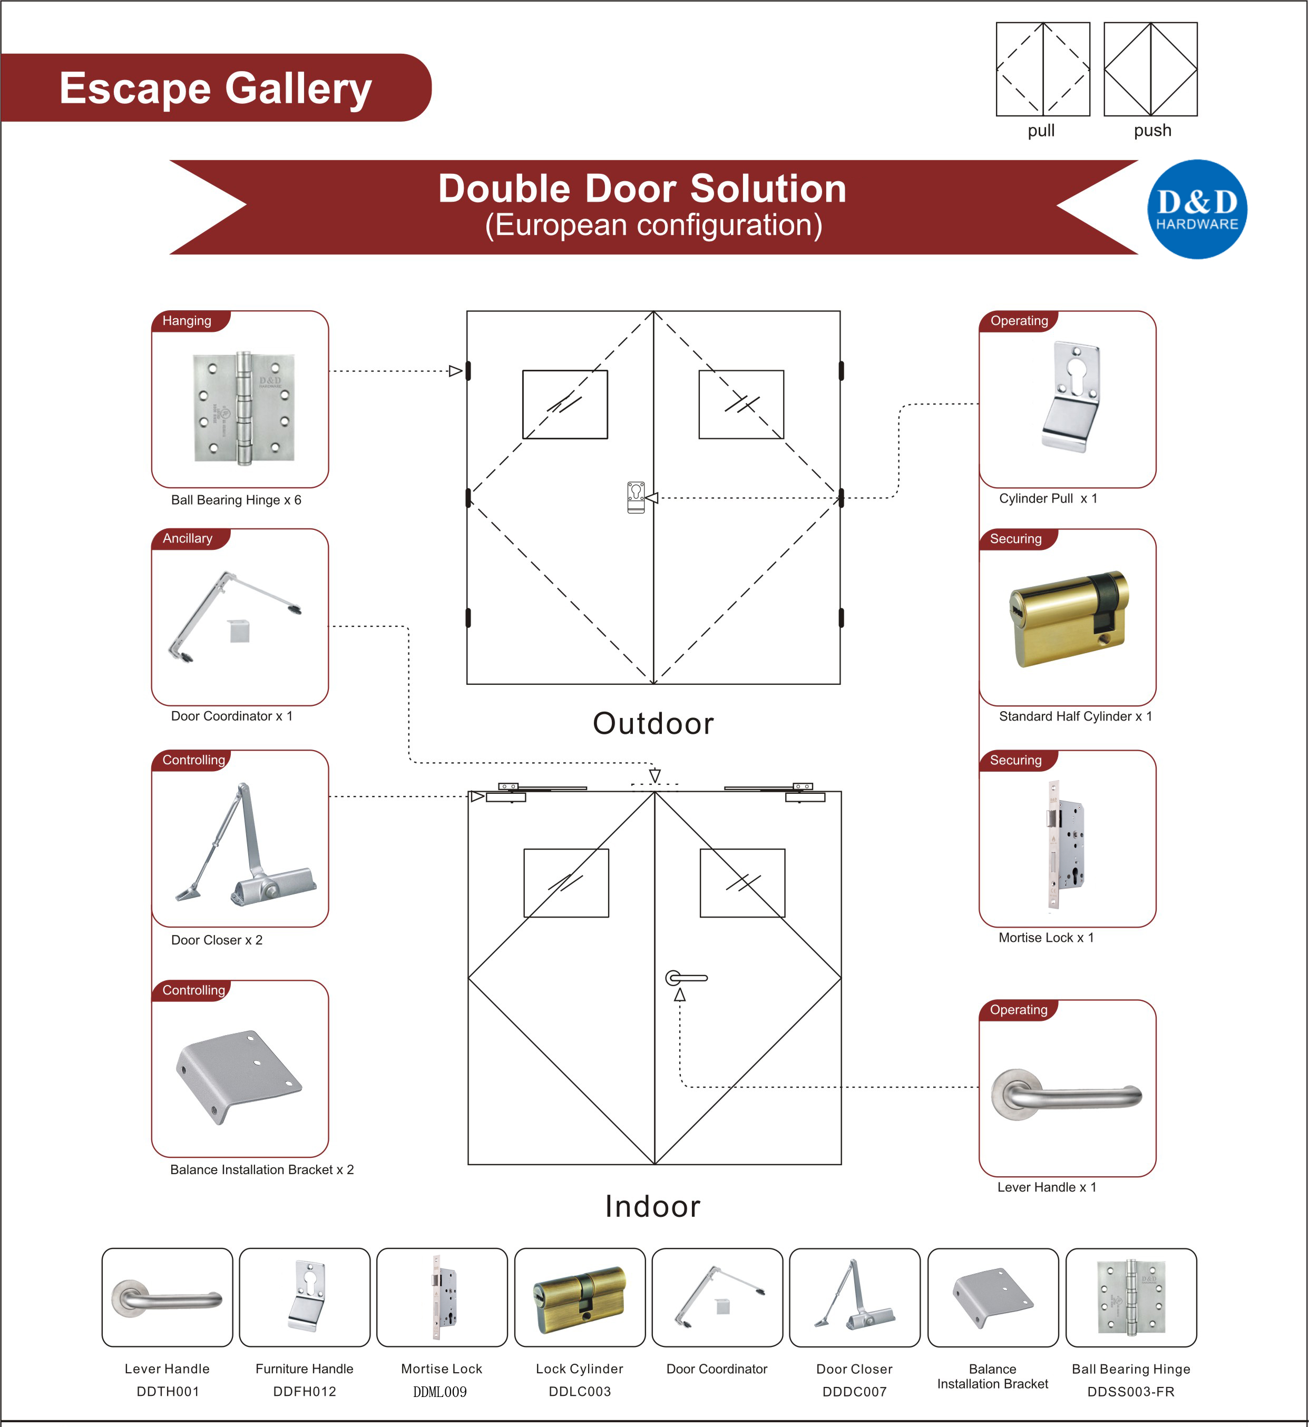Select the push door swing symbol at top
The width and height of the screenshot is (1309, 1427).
(1150, 70)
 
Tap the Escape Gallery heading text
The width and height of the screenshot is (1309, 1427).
(216, 88)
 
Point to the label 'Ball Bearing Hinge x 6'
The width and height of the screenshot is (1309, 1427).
(236, 500)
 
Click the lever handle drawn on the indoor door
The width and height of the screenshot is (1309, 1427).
(686, 978)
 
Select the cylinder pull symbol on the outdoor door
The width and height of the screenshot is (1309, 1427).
(636, 497)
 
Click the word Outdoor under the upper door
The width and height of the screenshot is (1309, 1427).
(652, 723)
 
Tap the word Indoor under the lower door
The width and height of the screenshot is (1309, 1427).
(652, 1206)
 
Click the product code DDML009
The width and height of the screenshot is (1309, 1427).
(440, 1392)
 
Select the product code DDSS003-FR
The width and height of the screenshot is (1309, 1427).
(1130, 1392)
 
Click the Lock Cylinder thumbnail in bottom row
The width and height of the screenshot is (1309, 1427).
(580, 1297)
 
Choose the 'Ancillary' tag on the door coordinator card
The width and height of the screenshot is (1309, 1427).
(188, 538)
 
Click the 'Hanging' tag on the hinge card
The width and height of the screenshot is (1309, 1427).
(187, 321)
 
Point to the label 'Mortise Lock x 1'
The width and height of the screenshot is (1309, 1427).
(1046, 938)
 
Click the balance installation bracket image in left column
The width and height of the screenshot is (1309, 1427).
(239, 1077)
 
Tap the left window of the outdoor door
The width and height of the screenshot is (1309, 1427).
(564, 405)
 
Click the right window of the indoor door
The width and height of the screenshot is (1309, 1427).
(743, 882)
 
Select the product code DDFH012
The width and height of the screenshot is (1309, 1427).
(304, 1392)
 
